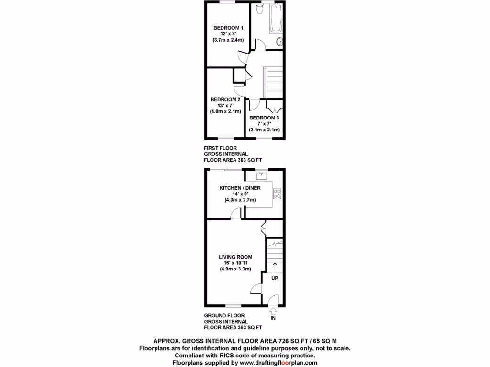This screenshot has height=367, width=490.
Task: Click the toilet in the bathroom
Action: [x=259, y=9]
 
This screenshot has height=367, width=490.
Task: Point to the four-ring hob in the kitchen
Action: [x=277, y=194]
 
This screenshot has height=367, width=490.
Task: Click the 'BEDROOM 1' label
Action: [x=228, y=28]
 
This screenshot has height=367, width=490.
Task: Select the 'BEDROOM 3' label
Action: [x=264, y=118]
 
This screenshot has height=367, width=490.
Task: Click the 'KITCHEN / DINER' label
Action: [x=240, y=188]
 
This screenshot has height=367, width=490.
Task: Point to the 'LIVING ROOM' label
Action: [x=235, y=257]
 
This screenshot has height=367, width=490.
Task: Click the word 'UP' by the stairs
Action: [x=275, y=278]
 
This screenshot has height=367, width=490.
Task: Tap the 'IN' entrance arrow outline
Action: [x=273, y=311]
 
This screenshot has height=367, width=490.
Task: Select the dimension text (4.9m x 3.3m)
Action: [x=235, y=269]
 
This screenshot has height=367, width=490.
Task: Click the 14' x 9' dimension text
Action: [x=240, y=194]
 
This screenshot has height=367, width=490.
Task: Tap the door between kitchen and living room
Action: [x=235, y=216]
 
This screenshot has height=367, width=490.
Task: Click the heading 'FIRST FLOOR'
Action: [x=220, y=148]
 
